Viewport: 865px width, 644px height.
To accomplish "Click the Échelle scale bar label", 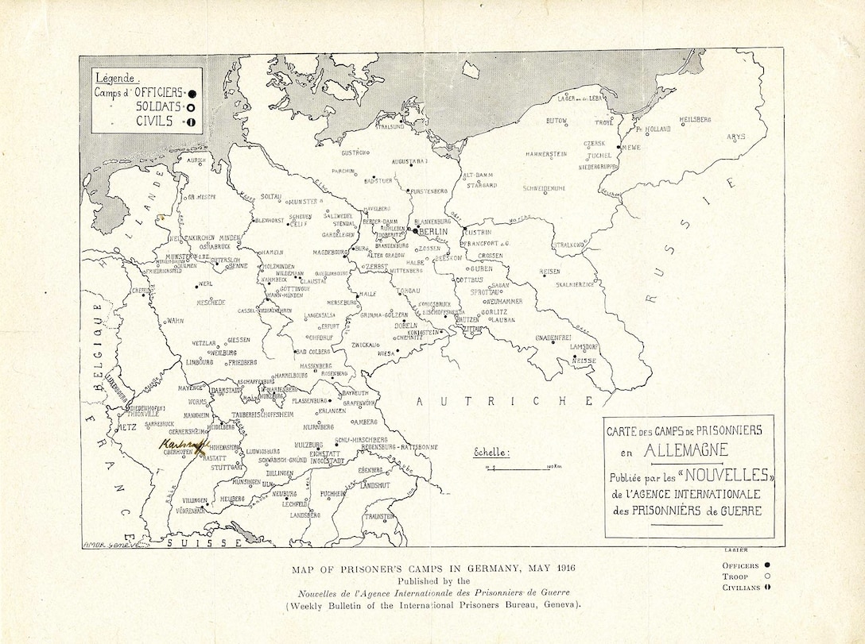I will [x=492, y=453].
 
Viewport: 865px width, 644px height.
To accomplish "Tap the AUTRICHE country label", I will [x=505, y=400].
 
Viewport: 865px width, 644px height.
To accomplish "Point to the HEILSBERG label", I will [x=695, y=119].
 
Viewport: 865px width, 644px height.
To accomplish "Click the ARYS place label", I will [x=735, y=137].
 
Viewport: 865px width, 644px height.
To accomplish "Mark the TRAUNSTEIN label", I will [x=379, y=516].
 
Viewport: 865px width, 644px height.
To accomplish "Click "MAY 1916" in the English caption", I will [x=545, y=569].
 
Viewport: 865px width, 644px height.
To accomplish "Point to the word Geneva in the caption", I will [x=558, y=605].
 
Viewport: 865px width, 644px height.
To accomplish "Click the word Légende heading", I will [x=117, y=78].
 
